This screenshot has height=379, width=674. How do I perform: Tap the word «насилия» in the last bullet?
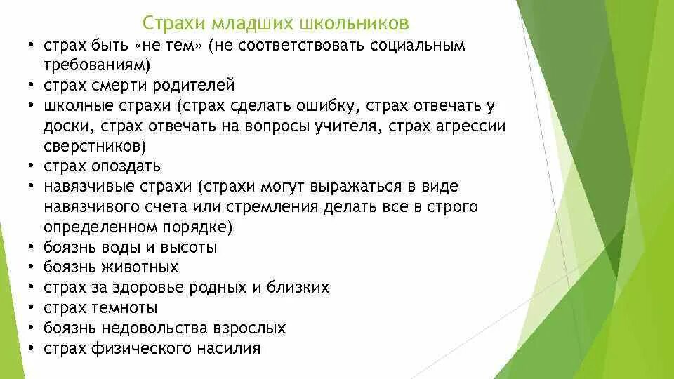pos(230,349)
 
